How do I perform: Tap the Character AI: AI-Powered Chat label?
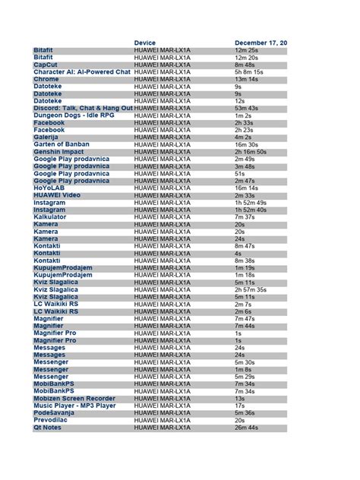tap(82, 71)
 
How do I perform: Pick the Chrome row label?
tap(46, 79)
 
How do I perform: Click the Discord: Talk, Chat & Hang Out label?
tap(83, 108)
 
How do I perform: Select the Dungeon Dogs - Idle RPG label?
tap(71, 115)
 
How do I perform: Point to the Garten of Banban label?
tap(62, 144)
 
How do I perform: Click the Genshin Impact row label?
tap(59, 151)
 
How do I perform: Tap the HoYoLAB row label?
tap(49, 188)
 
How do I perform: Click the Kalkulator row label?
tap(51, 217)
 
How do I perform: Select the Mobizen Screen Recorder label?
tap(74, 398)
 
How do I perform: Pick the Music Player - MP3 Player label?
tap(74, 406)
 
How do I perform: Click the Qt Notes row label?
tap(48, 428)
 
